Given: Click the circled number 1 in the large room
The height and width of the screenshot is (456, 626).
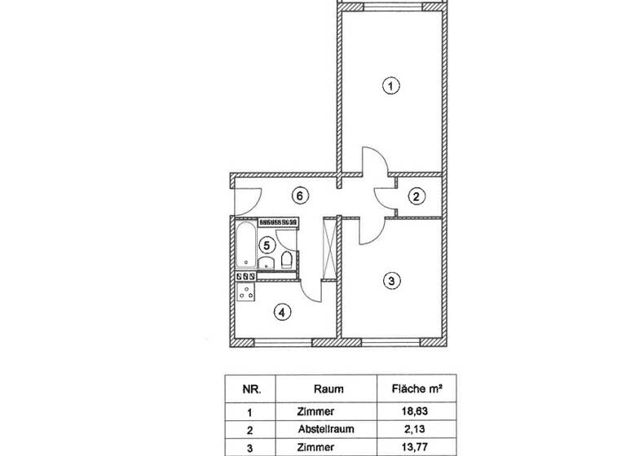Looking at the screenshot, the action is [391, 85].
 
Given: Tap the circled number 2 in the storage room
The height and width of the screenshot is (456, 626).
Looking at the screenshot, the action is [417, 196].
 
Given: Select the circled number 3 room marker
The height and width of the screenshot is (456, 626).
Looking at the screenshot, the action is [391, 280].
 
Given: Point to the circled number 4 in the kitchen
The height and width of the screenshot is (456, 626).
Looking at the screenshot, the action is [282, 313].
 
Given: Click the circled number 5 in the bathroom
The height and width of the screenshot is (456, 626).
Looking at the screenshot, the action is [267, 245].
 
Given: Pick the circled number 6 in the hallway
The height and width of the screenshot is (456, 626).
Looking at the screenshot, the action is [300, 196].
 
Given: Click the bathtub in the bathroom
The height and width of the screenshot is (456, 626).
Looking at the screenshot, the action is [246, 244].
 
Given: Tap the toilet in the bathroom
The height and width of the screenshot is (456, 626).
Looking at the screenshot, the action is [288, 259].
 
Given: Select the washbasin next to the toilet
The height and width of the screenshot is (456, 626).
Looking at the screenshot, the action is [267, 262].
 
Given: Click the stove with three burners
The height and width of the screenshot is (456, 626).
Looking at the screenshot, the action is [245, 292].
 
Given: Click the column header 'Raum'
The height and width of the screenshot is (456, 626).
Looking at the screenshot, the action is [328, 389].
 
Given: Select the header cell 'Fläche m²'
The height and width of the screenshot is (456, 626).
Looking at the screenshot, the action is [417, 388].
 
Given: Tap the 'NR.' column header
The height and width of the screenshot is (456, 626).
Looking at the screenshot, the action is [252, 389].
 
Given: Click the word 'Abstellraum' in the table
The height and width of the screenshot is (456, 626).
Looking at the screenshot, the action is [326, 429].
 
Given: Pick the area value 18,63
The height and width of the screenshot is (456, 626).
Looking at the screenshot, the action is [414, 411].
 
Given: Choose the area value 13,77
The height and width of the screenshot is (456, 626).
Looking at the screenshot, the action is [414, 447].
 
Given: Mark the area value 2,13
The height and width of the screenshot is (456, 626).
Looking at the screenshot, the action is [414, 429].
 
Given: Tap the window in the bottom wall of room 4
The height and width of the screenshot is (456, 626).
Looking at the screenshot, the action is [283, 342].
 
